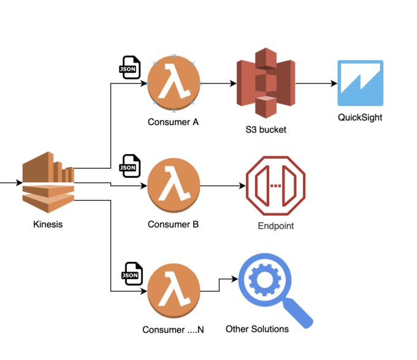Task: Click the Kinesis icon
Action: pyautogui.click(x=48, y=182)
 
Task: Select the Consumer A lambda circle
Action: pyautogui.click(x=174, y=83)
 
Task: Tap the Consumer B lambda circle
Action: pyautogui.click(x=174, y=185)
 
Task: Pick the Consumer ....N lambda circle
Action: pyautogui.click(x=174, y=291)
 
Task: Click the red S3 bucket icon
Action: pyautogui.click(x=266, y=83)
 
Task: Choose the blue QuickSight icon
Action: pyautogui.click(x=361, y=83)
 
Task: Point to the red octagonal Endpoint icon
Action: pyautogui.click(x=276, y=186)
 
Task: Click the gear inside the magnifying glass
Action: pyautogui.click(x=265, y=280)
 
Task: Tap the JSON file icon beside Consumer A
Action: pyautogui.click(x=129, y=67)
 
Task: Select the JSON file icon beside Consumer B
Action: pyautogui.click(x=130, y=166)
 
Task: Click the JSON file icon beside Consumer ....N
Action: pyautogui.click(x=132, y=274)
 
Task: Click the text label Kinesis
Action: pyautogui.click(x=48, y=224)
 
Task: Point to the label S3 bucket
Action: pyautogui.click(x=266, y=130)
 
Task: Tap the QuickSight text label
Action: pyautogui.click(x=360, y=118)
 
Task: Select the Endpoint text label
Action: pyautogui.click(x=276, y=226)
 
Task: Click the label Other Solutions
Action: pyautogui.click(x=257, y=329)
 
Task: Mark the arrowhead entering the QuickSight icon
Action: pyautogui.click(x=334, y=83)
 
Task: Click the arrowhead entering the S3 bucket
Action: pyautogui.click(x=233, y=83)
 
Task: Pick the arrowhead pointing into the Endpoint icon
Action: pyautogui.click(x=243, y=186)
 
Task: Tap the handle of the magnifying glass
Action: pyautogui.click(x=298, y=313)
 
